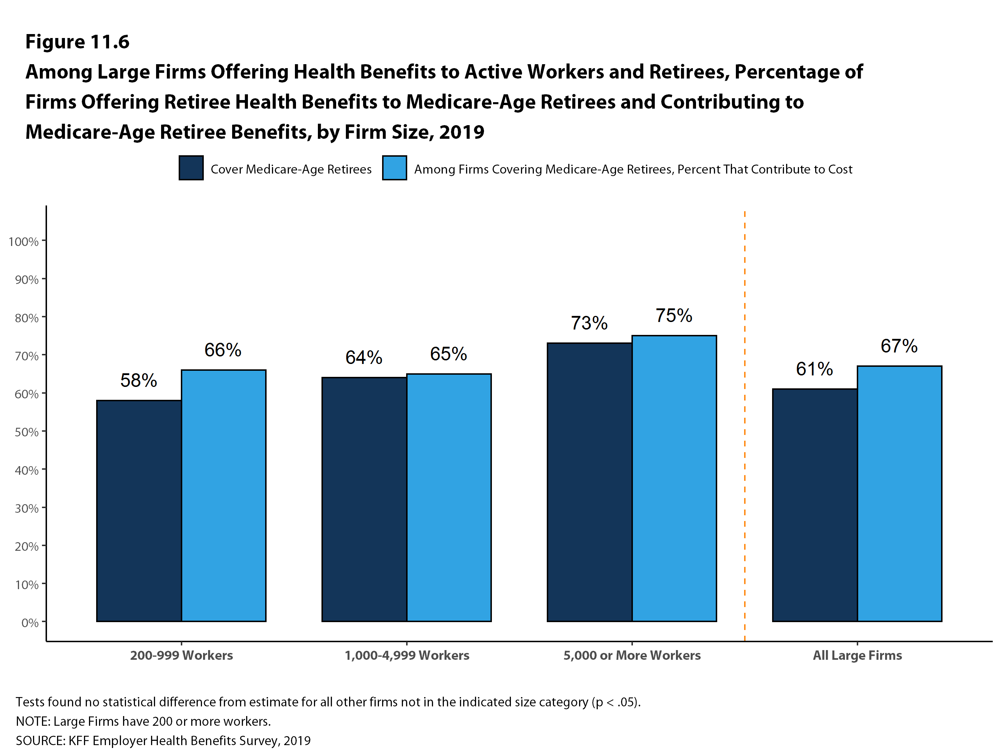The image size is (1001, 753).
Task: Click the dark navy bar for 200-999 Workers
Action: (x=139, y=511)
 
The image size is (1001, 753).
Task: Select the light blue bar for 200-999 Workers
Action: (x=224, y=495)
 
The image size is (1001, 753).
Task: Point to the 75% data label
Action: (x=674, y=316)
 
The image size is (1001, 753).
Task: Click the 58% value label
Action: (x=138, y=380)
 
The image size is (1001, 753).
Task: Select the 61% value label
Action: (x=814, y=369)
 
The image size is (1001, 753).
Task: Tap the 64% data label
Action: (x=364, y=357)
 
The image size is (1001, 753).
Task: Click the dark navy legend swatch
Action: (x=191, y=168)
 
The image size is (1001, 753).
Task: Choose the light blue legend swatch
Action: (x=394, y=168)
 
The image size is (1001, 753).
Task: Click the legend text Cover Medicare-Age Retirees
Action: (x=291, y=169)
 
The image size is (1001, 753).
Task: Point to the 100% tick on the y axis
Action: (x=24, y=242)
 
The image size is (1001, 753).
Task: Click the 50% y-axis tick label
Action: (x=26, y=432)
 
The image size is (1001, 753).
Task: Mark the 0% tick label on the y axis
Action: (x=30, y=623)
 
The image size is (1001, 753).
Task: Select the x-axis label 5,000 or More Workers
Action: (x=632, y=655)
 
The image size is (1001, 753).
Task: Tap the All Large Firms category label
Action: (x=857, y=655)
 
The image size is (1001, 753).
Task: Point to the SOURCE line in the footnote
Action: (x=163, y=741)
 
